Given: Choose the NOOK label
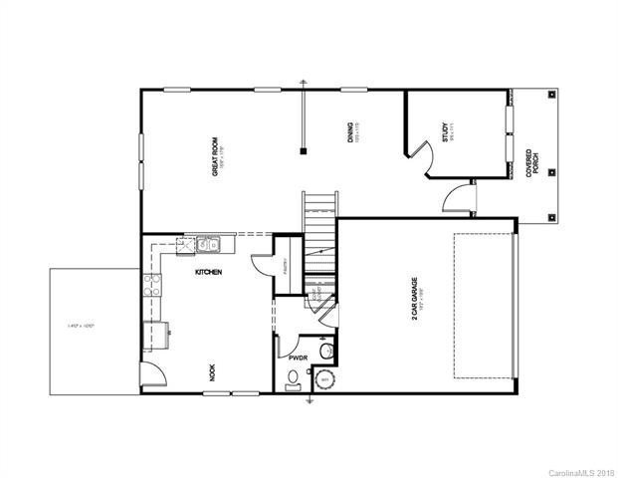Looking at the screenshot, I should pos(212,373).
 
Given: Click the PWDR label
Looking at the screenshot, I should pos(297,355).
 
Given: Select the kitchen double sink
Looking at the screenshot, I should pos(208,241).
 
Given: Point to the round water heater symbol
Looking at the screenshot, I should pos(323,380).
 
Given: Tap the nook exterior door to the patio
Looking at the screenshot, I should pos(151,374).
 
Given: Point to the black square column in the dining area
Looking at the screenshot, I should pos(304,151).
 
